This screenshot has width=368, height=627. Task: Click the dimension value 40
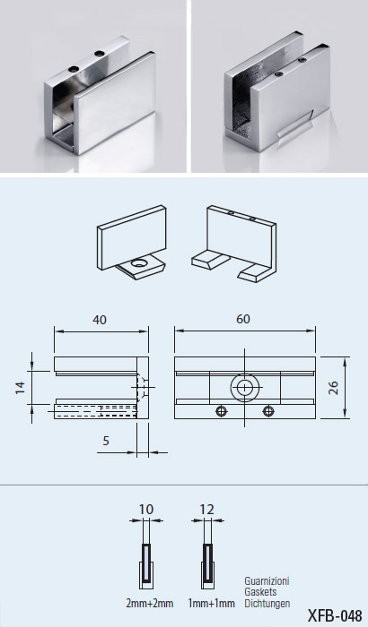(100, 320)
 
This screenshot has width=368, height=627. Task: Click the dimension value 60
(243, 319)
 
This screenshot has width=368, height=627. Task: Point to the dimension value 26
(334, 388)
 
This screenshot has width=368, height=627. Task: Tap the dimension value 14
(20, 388)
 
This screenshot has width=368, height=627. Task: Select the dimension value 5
(106, 441)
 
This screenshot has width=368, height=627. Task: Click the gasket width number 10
(146, 510)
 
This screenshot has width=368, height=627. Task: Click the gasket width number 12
(206, 510)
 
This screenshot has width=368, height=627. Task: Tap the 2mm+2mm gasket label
(150, 603)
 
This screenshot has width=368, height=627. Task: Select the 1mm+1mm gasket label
(211, 603)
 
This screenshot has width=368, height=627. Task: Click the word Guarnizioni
(267, 580)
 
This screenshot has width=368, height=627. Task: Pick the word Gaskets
(260, 592)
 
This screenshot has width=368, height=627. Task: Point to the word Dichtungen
(267, 604)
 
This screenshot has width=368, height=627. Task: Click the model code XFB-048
(335, 616)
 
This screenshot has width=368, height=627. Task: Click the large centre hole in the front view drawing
(244, 387)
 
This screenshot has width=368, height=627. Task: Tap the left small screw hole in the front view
(221, 410)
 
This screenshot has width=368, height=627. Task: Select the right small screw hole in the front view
(268, 410)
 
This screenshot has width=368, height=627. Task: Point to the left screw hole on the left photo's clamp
(73, 69)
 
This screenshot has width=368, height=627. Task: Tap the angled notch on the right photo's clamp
(294, 125)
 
